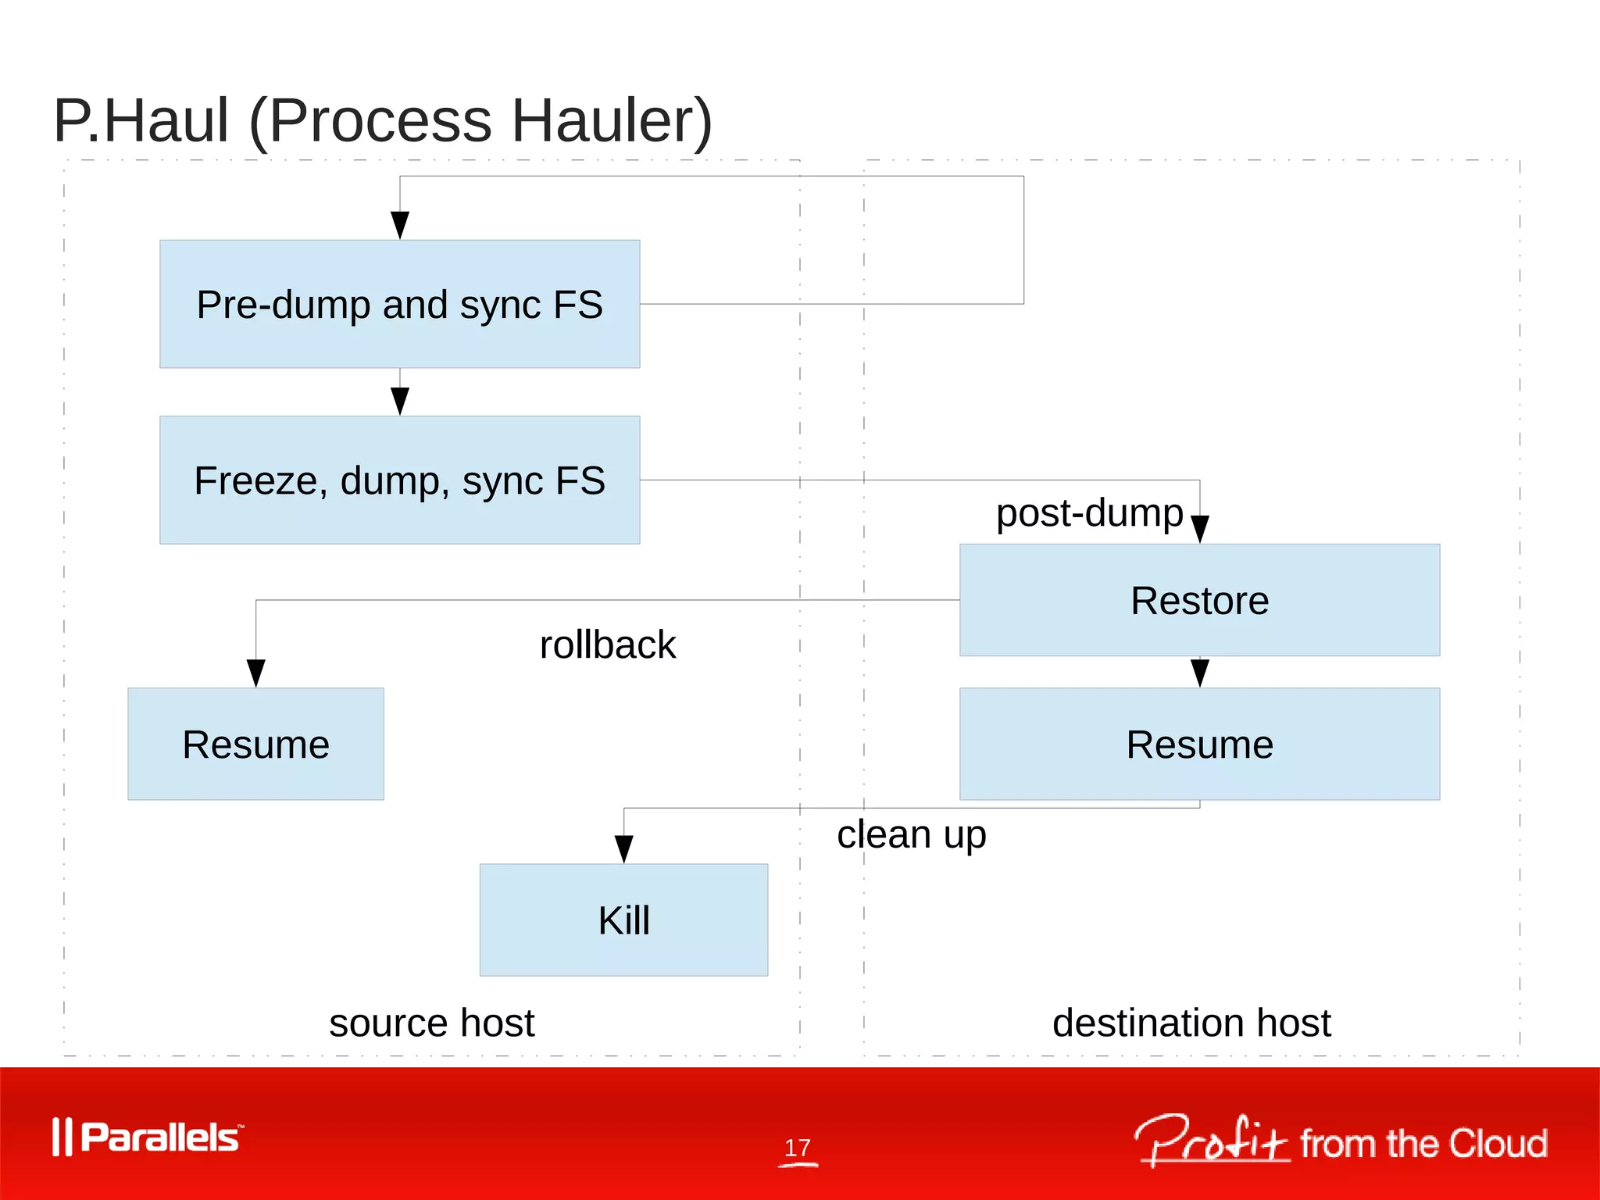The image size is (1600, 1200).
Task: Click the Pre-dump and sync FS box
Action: [x=399, y=304]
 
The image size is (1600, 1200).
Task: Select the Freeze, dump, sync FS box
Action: [x=399, y=480]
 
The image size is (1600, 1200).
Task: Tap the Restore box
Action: [x=1199, y=600]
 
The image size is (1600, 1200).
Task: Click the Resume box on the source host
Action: [x=255, y=744]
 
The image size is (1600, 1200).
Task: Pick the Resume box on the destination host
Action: [x=1199, y=744]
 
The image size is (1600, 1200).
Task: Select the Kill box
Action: [x=623, y=920]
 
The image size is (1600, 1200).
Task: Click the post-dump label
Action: [x=1089, y=513]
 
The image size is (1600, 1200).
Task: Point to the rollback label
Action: [x=607, y=645]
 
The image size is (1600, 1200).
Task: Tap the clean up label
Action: [x=911, y=834]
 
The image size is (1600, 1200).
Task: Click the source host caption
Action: [x=431, y=1023]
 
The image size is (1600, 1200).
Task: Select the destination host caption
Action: [x=1191, y=1023]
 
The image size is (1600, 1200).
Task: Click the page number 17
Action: [x=797, y=1148]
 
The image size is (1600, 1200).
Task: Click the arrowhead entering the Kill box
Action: [x=623, y=848]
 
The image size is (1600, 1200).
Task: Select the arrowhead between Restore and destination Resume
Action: [x=1199, y=672]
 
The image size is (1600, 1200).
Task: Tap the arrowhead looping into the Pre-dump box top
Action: [x=399, y=225]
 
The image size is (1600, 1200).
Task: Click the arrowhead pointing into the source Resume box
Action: [x=255, y=673]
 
